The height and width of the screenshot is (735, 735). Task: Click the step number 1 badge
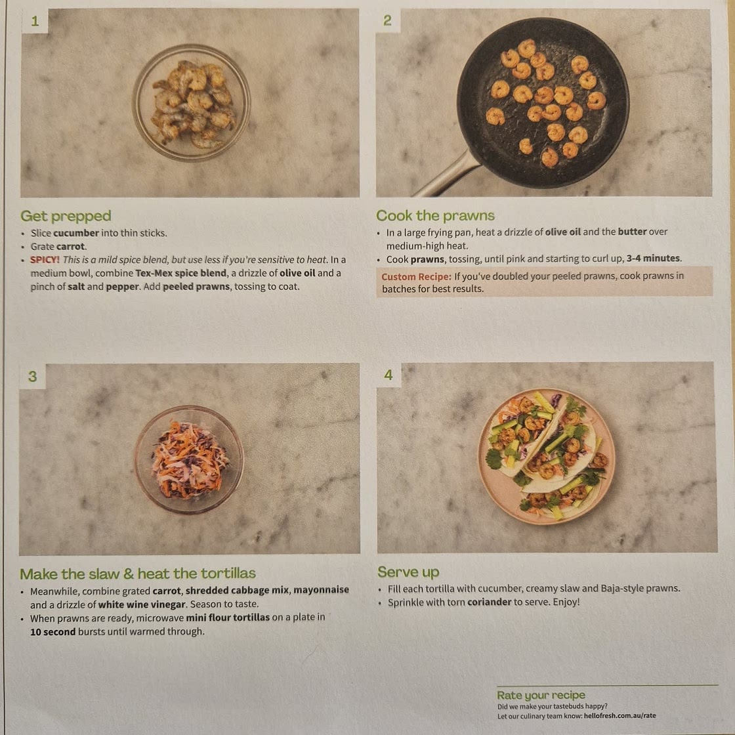[34, 21]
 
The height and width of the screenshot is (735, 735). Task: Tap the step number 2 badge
[388, 20]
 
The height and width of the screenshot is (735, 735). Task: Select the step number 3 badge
[32, 377]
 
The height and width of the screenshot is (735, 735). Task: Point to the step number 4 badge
[388, 375]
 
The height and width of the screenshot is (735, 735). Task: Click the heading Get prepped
[66, 216]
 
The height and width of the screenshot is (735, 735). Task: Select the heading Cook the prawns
[435, 216]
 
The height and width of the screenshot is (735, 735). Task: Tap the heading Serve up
[408, 572]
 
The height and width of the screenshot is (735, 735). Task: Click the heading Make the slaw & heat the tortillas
[138, 574]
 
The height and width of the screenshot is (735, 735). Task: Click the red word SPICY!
[45, 260]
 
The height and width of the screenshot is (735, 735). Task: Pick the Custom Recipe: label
[416, 276]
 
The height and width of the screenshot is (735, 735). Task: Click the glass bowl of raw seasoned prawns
[191, 102]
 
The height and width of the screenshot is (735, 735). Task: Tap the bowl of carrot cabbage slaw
[189, 460]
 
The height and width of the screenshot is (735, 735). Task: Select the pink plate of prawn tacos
[546, 456]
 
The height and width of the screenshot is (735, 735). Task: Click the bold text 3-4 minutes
[653, 259]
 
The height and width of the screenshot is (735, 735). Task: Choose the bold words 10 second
[53, 632]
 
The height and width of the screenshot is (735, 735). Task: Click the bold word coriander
[489, 602]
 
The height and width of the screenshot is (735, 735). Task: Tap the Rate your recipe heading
[541, 695]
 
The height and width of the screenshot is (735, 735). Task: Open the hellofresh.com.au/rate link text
[619, 716]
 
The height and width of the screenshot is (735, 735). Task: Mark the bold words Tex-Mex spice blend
[181, 273]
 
